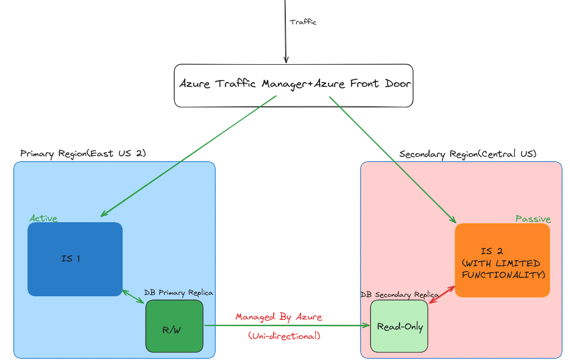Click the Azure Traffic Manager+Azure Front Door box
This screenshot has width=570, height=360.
[293, 85]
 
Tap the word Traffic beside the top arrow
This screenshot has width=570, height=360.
[303, 22]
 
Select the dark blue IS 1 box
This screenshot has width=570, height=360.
[75, 259]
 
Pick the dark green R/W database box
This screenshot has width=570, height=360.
[174, 326]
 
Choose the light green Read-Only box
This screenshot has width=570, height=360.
[399, 326]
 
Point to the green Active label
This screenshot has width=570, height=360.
[43, 218]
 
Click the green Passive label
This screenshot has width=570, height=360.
[533, 219]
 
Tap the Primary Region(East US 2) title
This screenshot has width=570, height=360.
[83, 153]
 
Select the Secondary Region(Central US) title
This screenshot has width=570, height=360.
[467, 154]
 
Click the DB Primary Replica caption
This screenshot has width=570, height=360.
[178, 293]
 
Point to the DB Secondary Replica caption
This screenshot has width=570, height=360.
[399, 295]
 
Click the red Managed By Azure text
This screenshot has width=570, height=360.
[278, 317]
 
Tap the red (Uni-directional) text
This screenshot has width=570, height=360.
[284, 335]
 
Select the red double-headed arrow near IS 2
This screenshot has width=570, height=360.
[442, 295]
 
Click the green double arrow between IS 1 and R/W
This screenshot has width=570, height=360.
[133, 296]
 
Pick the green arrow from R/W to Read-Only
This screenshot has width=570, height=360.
[287, 326]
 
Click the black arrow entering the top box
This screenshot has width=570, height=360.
[286, 32]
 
